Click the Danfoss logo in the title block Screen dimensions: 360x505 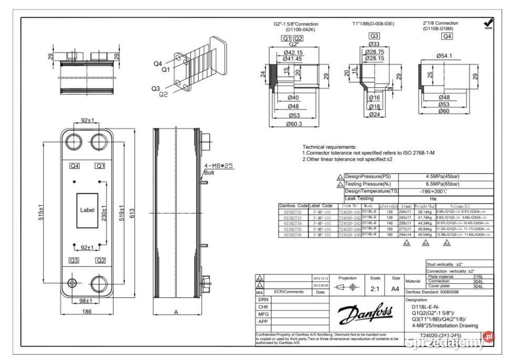coord(365,315)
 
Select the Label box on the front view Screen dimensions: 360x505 coord(87,209)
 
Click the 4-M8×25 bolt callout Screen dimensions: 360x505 coord(218,166)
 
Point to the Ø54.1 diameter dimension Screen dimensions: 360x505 coord(445,55)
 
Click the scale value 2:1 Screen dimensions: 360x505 coord(375,288)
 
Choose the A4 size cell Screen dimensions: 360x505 coord(395,288)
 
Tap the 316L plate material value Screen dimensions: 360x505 coord(478,276)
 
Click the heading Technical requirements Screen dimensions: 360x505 coord(329,147)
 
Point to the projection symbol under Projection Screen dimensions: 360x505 coord(347,288)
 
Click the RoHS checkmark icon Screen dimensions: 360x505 coord(488,23)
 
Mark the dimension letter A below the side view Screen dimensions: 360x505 coord(176,312)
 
